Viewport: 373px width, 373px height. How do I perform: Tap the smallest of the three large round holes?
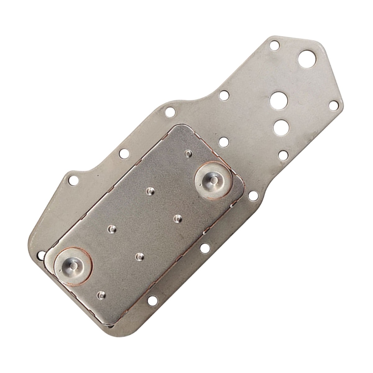(x=282, y=127)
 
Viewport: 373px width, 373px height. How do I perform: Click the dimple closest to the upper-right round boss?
(x=188, y=153)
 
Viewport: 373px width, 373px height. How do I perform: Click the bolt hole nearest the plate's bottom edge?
(x=152, y=300)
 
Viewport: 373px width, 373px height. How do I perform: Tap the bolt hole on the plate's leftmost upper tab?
(x=73, y=180)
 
